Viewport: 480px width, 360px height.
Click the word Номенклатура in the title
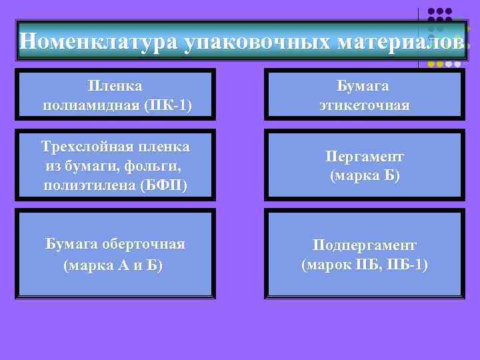click(98, 41)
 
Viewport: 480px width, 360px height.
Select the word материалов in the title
click(399, 41)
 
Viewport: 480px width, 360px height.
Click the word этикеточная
click(364, 105)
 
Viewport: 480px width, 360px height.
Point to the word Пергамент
click(364, 157)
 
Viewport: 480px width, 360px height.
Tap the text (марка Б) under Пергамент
click(364, 176)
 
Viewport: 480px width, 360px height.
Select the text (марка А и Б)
click(113, 264)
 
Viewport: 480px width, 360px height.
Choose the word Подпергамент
click(364, 245)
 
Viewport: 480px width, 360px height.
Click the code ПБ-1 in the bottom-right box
click(406, 264)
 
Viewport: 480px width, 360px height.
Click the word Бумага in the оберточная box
click(69, 244)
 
